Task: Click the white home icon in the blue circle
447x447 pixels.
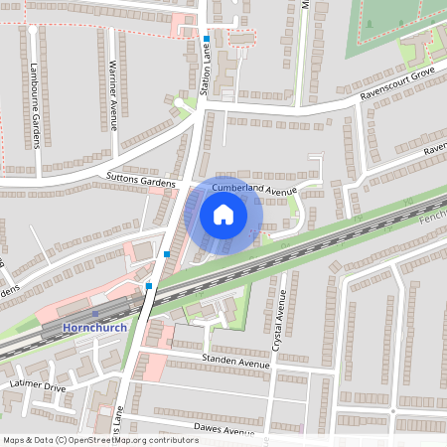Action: [x=223, y=214]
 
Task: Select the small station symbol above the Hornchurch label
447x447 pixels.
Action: [x=95, y=314]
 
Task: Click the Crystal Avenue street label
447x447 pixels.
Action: [x=279, y=321]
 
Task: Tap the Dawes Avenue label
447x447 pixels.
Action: [x=223, y=430]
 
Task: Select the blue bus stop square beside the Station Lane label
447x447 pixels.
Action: [x=207, y=39]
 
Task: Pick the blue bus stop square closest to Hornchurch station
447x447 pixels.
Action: [x=149, y=286]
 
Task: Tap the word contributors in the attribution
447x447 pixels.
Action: [x=170, y=439]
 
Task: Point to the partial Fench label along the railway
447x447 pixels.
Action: [x=433, y=216]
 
